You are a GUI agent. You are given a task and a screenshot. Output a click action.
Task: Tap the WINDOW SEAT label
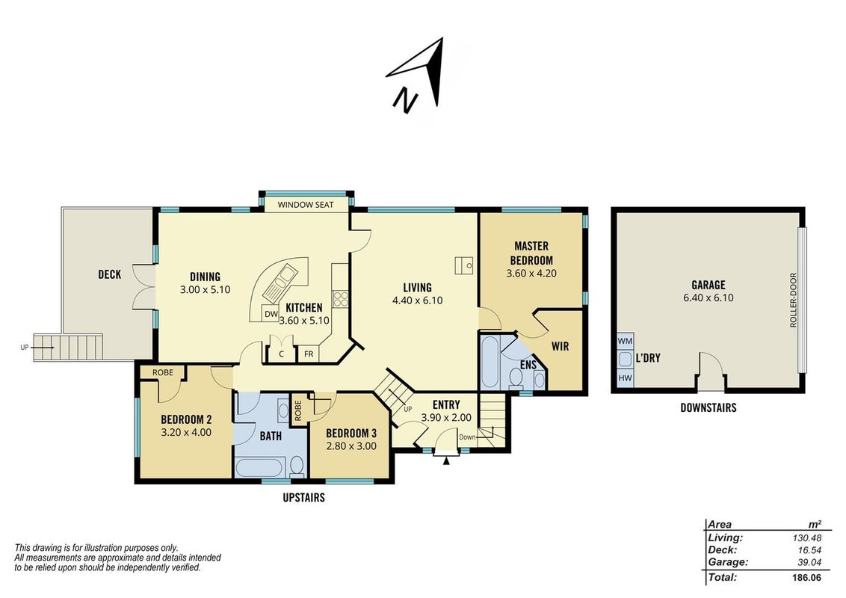[x=306, y=205]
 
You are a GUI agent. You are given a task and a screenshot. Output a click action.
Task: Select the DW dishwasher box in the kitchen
[x=271, y=313]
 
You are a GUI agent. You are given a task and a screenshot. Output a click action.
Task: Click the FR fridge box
[x=309, y=354]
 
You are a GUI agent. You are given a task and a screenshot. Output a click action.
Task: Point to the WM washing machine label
[x=625, y=341]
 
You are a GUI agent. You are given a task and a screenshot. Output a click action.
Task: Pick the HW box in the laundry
[x=625, y=378]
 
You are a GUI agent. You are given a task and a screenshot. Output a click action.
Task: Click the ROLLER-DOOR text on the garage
[x=793, y=300]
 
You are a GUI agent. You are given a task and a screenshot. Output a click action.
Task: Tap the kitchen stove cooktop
[x=341, y=298]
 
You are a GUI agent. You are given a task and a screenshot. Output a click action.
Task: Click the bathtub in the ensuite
[x=490, y=362]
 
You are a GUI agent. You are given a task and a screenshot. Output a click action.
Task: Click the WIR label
[x=560, y=347]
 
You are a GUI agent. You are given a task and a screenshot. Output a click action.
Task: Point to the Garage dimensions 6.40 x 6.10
[x=708, y=298]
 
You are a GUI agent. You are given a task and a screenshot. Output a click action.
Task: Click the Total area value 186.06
[x=806, y=578]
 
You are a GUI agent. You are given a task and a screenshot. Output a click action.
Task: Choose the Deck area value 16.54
[x=809, y=550]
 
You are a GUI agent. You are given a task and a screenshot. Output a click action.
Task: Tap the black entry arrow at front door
[x=446, y=460]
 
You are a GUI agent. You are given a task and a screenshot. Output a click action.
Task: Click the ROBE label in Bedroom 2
[x=163, y=372]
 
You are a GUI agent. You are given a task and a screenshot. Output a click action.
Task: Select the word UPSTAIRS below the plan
[x=303, y=498]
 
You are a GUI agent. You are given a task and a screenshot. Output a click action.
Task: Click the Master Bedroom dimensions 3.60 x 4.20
[x=531, y=273]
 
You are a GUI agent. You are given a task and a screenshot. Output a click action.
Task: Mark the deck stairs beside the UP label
[x=68, y=348]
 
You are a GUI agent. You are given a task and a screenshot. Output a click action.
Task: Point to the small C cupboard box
[x=281, y=354]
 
